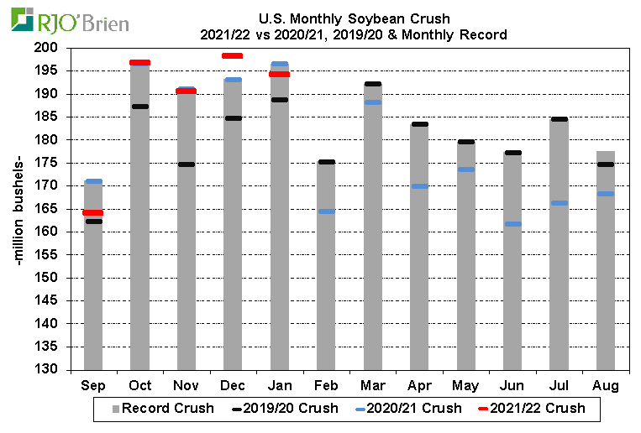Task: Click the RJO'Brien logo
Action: coord(71,20)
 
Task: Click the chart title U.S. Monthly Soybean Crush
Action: coord(354,18)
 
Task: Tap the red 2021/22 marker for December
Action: coord(232,56)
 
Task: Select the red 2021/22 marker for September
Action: coord(93,213)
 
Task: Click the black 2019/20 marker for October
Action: coord(139,107)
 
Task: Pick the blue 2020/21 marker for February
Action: coord(326,211)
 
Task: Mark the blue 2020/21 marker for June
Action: coord(512,224)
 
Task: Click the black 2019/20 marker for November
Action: coord(186,164)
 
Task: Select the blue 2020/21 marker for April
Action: coord(419,186)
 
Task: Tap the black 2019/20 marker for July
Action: coord(559,119)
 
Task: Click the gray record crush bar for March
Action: coord(372,252)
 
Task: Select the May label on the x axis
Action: coord(465,385)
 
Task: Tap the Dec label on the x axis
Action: coord(232,385)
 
